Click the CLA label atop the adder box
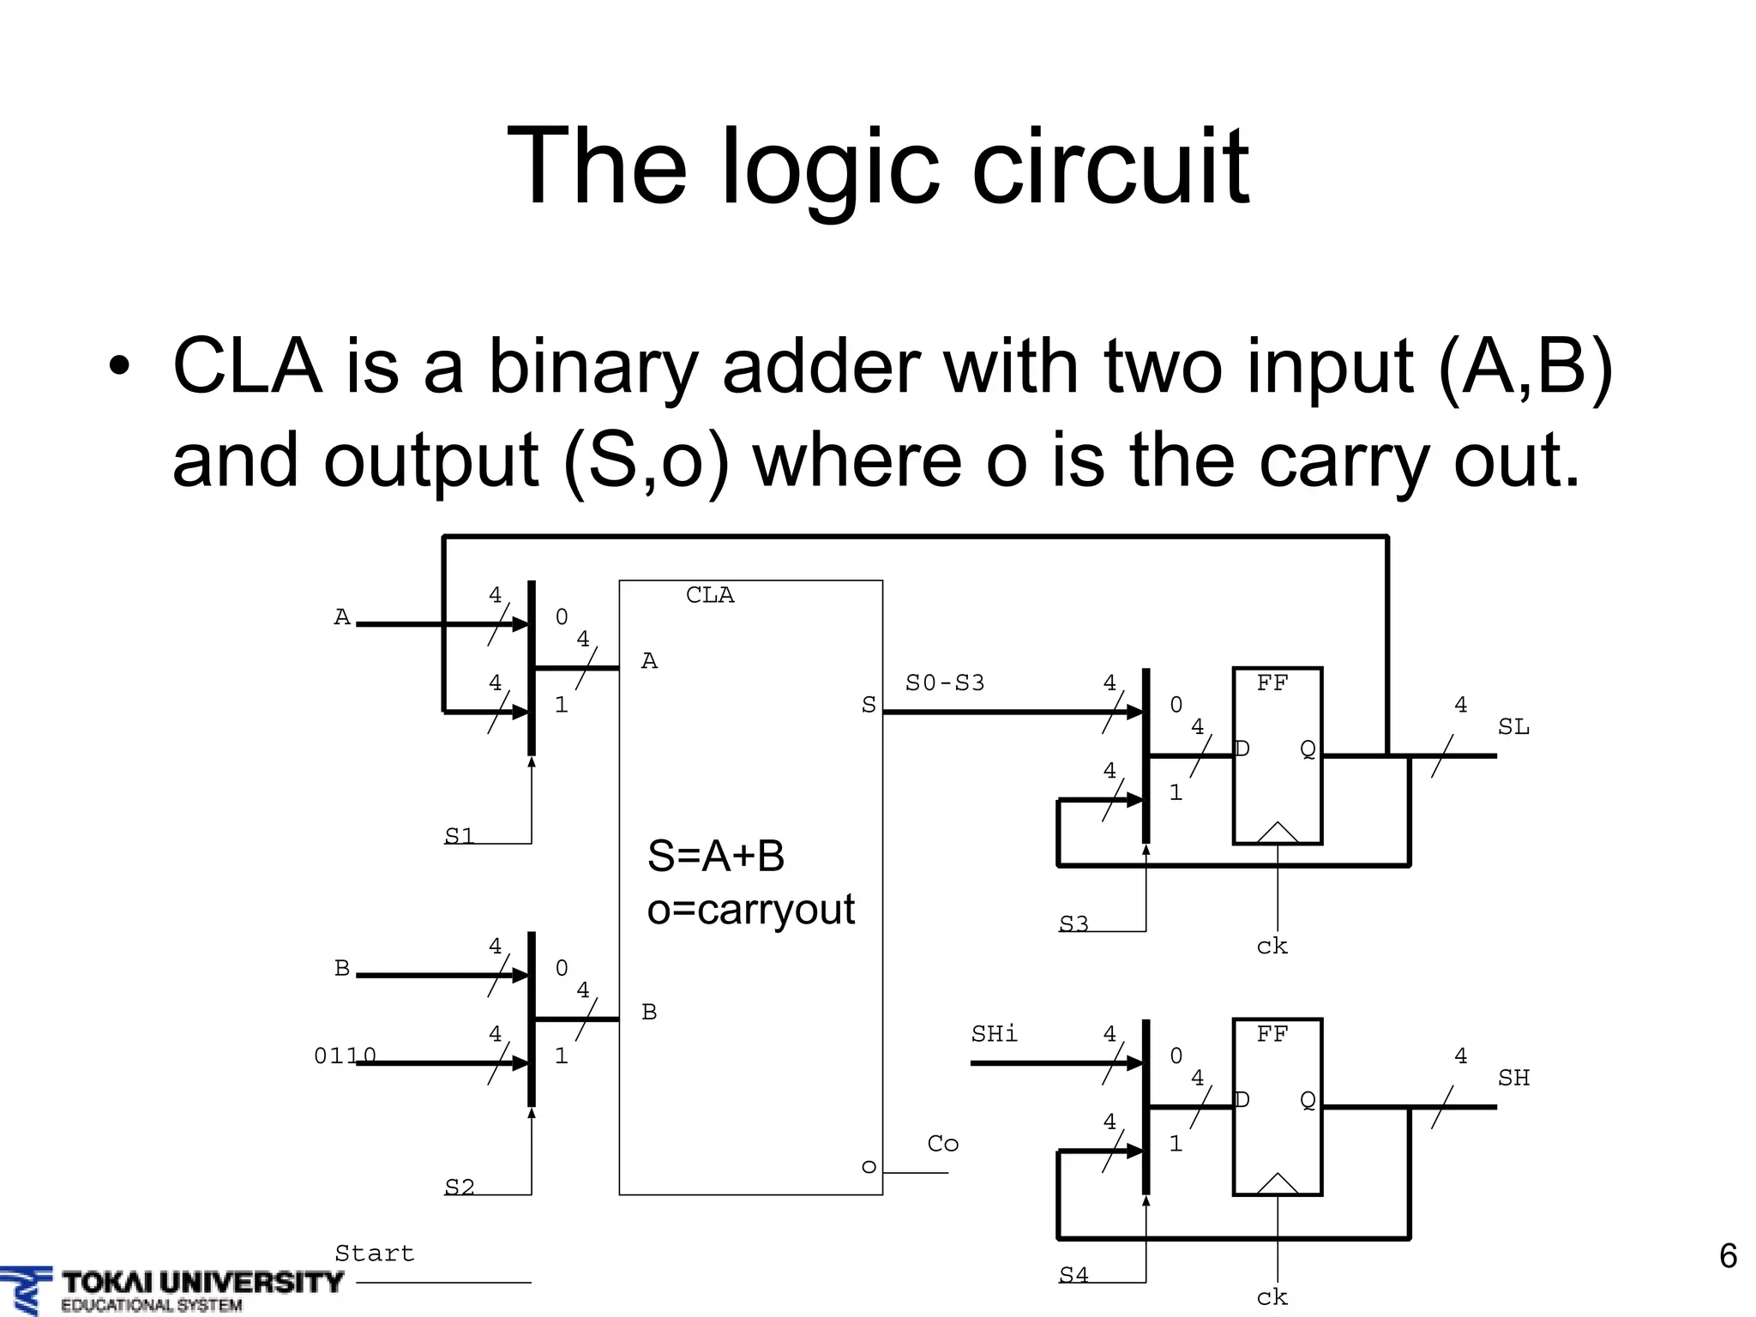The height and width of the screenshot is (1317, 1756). tap(710, 595)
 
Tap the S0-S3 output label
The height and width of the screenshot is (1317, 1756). tap(945, 683)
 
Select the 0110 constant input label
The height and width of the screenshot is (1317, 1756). tap(345, 1056)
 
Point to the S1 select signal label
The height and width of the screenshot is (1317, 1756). tap(460, 836)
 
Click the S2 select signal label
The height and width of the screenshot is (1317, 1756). tap(460, 1188)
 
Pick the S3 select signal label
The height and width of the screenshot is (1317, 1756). tap(1073, 924)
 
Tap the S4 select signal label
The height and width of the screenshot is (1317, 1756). tap(1073, 1276)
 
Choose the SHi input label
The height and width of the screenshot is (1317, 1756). tap(995, 1035)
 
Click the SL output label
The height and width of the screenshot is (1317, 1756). tap(1513, 727)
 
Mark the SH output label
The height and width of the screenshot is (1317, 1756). tap(1513, 1078)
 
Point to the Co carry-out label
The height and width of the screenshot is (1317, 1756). tap(943, 1144)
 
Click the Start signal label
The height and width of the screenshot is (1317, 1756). tap(375, 1254)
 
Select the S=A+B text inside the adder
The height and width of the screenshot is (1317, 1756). tap(716, 856)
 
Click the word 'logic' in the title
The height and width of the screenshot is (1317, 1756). tap(828, 166)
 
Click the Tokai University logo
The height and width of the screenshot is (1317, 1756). tap(171, 1289)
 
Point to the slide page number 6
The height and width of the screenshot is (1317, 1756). tap(1728, 1256)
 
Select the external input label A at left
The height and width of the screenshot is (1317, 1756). tap(342, 617)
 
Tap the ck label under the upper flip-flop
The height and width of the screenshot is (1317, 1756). tap(1272, 947)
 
